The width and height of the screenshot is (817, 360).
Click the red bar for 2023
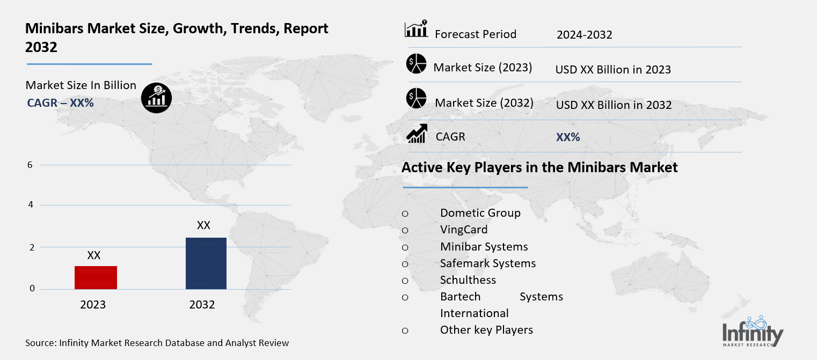tap(96, 277)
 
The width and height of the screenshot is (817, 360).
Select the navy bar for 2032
tap(206, 263)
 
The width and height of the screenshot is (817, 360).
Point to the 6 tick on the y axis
tap(30, 165)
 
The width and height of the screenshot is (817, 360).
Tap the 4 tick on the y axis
tap(30, 204)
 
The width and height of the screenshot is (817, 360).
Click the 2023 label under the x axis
tap(93, 305)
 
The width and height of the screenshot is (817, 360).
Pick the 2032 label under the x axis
tap(202, 305)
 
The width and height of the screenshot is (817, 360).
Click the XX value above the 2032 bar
tap(203, 225)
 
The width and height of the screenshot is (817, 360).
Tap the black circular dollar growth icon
tap(157, 98)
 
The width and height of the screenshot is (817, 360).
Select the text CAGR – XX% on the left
tap(60, 102)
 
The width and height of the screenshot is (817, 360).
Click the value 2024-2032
tap(584, 35)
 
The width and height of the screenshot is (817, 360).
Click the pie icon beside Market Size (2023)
tap(416, 64)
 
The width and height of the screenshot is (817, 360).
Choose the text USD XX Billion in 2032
tap(614, 105)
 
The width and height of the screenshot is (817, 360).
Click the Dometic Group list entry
tap(480, 212)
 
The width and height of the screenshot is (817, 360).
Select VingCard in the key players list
tap(464, 230)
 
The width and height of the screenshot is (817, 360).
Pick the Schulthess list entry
tap(468, 280)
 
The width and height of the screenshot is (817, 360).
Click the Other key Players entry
tap(486, 329)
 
